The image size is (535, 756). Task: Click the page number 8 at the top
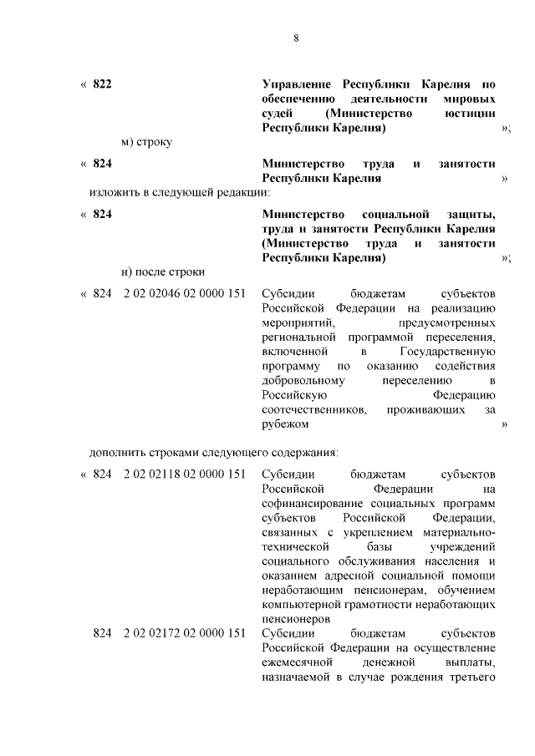tap(296, 38)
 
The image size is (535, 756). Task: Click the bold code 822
tap(102, 84)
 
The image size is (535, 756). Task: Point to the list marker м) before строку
tap(128, 142)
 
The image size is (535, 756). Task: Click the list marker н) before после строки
tap(128, 271)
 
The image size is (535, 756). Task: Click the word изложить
tap(115, 192)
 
